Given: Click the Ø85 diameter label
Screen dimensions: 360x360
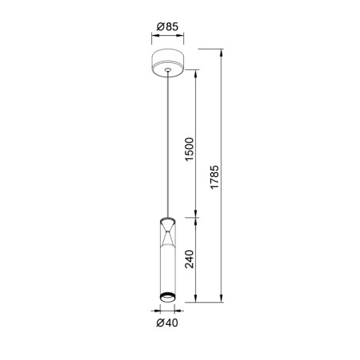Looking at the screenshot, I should coord(166,27).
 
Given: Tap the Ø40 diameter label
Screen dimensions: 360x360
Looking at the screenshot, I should coord(166,323).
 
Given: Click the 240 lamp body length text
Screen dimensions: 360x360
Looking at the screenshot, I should coord(190,260).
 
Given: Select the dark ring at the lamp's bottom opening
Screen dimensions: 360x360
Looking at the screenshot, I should coord(167,299).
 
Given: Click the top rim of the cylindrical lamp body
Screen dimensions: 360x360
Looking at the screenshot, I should coord(167,217).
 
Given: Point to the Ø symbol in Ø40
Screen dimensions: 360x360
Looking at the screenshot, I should coord(160,323).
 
